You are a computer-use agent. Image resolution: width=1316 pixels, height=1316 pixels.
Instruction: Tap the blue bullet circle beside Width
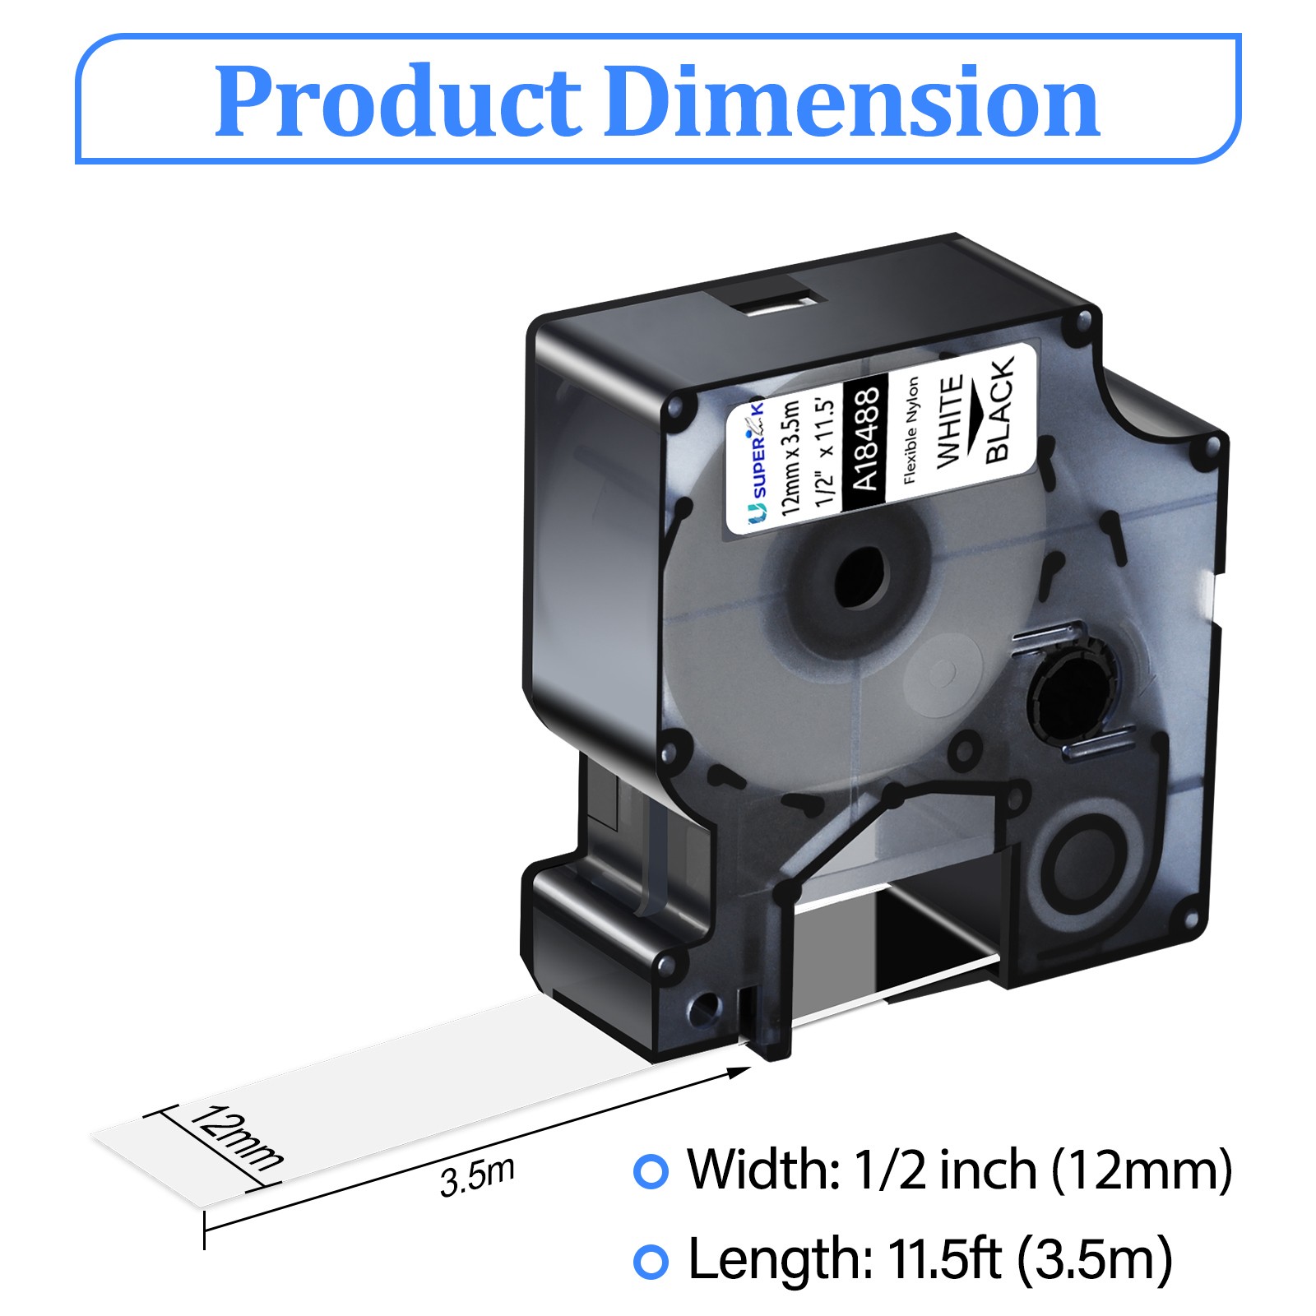651,1170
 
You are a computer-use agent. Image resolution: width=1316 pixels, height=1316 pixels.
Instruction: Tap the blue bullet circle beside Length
651,1261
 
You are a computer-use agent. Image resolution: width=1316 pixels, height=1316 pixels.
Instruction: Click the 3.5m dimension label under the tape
477,1177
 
